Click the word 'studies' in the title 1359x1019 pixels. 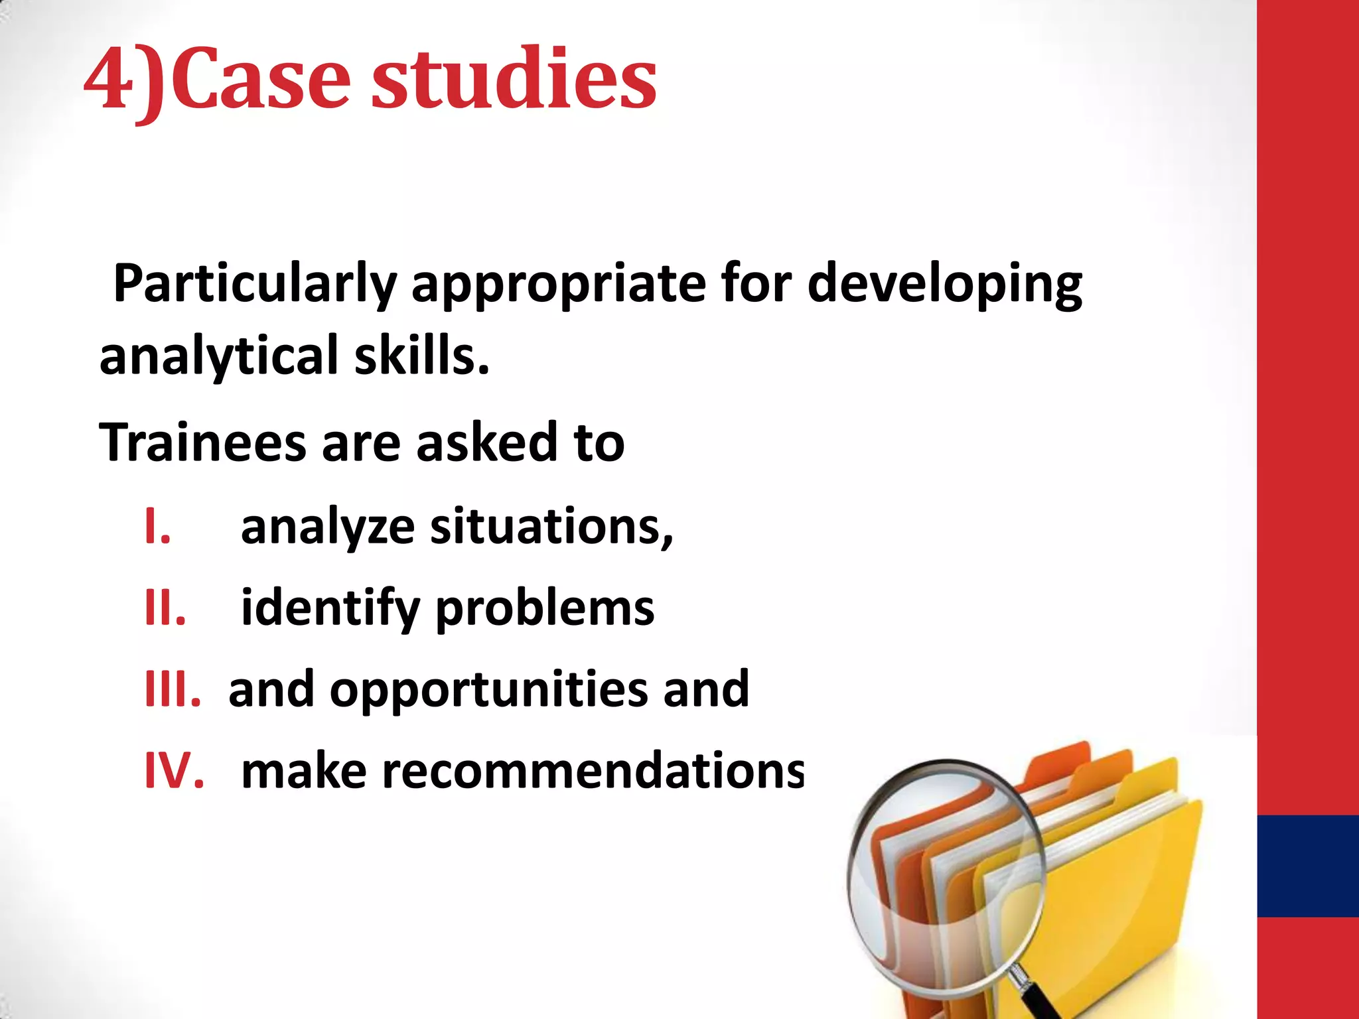pyautogui.click(x=514, y=80)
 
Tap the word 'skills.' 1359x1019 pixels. pyautogui.click(x=422, y=356)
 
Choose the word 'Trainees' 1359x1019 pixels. pyautogui.click(x=202, y=442)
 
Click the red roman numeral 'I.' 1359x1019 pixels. pyautogui.click(x=158, y=527)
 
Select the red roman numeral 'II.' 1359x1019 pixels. pyautogui.click(x=165, y=608)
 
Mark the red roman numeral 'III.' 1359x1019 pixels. pyautogui.click(x=173, y=689)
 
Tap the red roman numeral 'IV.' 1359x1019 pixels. pyautogui.click(x=175, y=771)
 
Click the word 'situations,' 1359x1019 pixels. pyautogui.click(x=551, y=527)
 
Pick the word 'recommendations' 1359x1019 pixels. pyautogui.click(x=523, y=771)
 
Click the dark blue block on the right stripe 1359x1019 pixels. pyautogui.click(x=1308, y=866)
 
